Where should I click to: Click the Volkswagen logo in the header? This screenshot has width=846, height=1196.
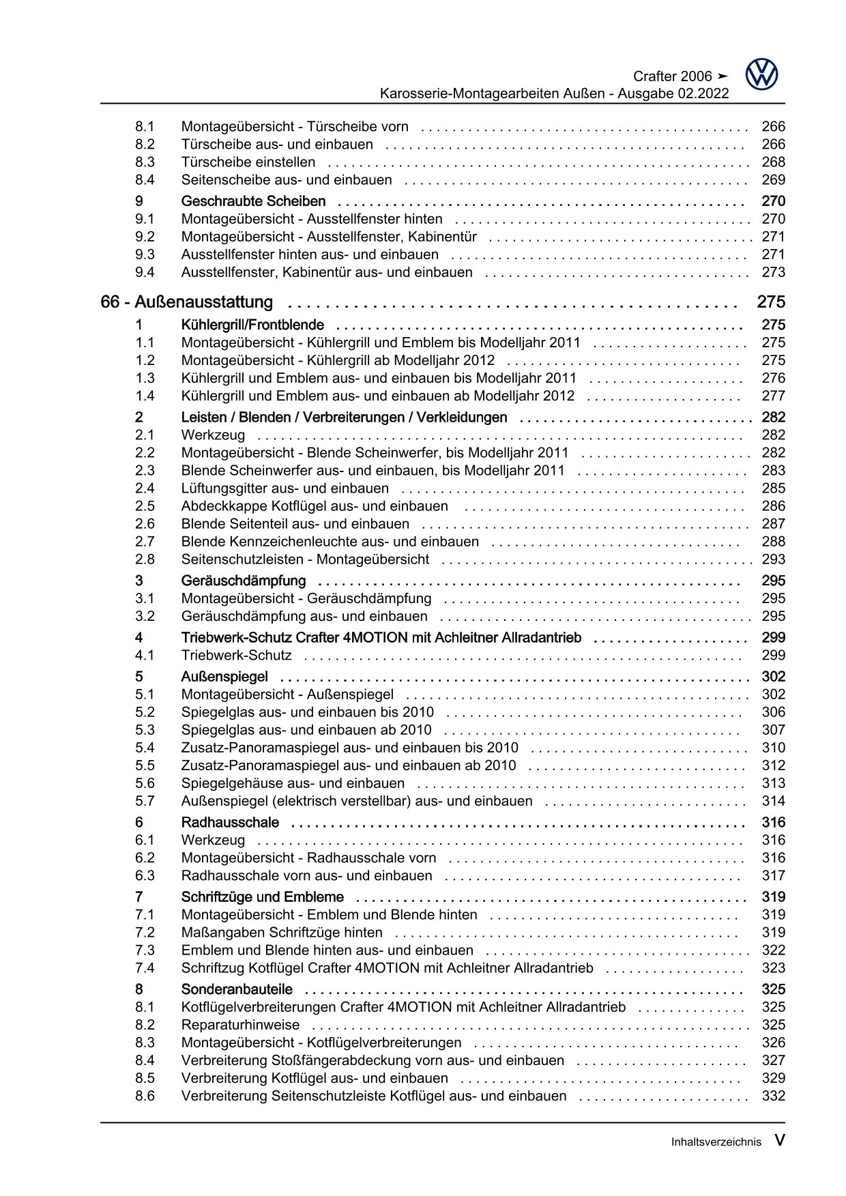click(761, 74)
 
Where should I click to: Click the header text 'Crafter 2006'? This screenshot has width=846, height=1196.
click(672, 76)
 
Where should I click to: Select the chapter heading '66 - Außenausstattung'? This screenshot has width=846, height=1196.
click(186, 302)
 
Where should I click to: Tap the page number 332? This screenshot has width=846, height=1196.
click(774, 1096)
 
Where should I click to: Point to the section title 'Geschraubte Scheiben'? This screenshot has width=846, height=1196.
click(253, 201)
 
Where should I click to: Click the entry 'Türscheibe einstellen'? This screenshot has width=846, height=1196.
click(248, 162)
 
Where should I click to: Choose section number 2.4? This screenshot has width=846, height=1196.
click(145, 488)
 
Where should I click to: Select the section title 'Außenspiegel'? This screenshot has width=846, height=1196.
click(224, 677)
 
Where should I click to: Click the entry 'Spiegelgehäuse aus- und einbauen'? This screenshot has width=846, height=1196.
click(293, 783)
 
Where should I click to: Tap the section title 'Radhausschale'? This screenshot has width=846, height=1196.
click(230, 823)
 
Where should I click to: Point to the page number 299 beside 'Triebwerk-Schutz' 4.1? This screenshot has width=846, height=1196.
click(774, 656)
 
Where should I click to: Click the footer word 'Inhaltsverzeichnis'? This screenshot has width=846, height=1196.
click(716, 1142)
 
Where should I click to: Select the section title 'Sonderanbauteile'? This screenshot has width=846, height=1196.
click(237, 989)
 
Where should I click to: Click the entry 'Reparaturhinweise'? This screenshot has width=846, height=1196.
click(240, 1025)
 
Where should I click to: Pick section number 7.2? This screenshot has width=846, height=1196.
click(145, 933)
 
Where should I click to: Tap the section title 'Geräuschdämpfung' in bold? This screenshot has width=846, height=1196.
click(244, 581)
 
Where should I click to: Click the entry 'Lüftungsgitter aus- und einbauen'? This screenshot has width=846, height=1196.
click(285, 488)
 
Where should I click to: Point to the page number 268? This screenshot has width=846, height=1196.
click(774, 162)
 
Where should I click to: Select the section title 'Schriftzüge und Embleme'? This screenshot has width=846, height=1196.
click(263, 897)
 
